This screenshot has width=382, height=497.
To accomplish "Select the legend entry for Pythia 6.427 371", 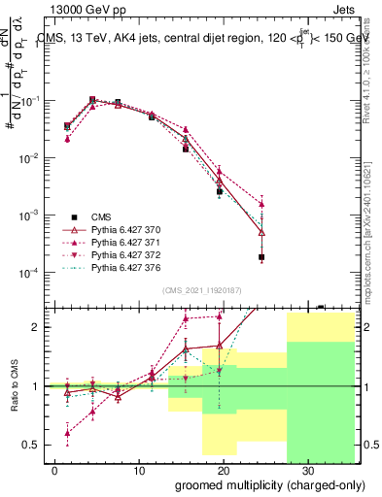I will click(x=125, y=242).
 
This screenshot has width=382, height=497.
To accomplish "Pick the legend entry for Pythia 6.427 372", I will click(x=125, y=254).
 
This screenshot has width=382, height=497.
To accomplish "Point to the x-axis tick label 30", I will click(x=307, y=469).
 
